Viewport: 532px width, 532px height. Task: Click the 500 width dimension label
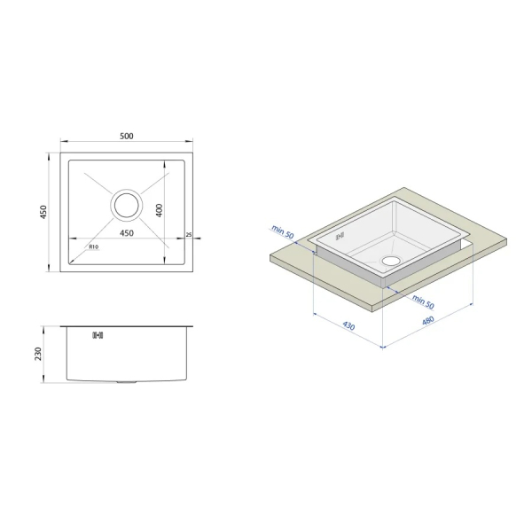[x=127, y=136]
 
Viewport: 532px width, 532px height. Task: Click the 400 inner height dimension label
[x=160, y=210]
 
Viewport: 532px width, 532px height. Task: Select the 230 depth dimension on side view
[x=37, y=354]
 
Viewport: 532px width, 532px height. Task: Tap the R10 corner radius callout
[x=94, y=247]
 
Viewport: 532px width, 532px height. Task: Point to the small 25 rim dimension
[x=189, y=234]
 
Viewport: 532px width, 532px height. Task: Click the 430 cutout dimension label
[x=348, y=325]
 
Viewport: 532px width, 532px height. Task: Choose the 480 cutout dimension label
[x=428, y=321]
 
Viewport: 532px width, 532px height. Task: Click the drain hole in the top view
[x=127, y=206]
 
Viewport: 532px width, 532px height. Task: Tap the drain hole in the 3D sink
[x=391, y=261]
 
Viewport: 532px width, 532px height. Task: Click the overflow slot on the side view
[x=98, y=335]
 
